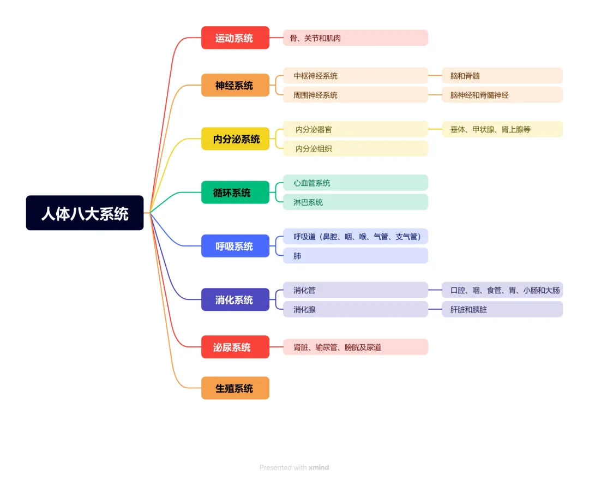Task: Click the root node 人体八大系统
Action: (x=85, y=213)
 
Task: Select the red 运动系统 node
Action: (x=235, y=38)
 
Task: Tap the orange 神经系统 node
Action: (x=235, y=85)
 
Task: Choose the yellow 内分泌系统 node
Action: (x=235, y=139)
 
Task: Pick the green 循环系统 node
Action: (x=235, y=192)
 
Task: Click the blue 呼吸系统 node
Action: (x=235, y=246)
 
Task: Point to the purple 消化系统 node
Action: (x=235, y=299)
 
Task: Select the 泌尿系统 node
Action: (x=235, y=347)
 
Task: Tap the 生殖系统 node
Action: (x=235, y=388)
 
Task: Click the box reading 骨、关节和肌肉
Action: (x=355, y=38)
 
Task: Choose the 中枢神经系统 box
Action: (x=355, y=76)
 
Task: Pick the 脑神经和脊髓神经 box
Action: (x=502, y=95)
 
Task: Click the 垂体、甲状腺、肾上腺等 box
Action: (x=502, y=129)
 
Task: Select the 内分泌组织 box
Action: (x=355, y=148)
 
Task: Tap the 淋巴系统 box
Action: (x=355, y=202)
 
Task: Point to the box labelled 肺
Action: (x=355, y=255)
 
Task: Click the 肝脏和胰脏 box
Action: (x=502, y=309)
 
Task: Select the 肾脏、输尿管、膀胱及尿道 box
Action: (x=355, y=347)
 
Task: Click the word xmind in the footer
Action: (x=318, y=467)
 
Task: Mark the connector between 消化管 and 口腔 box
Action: (x=435, y=290)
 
